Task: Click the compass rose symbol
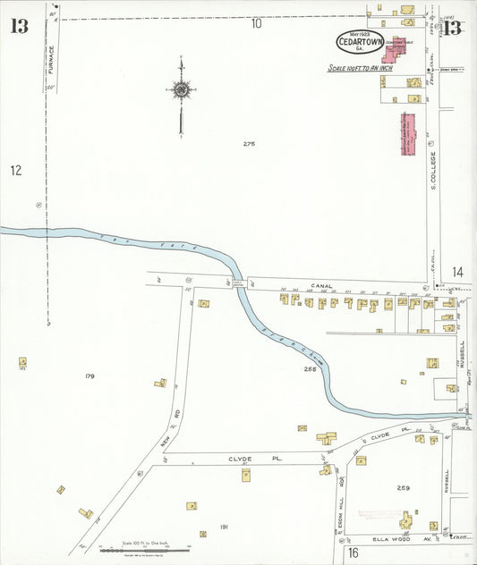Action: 182,89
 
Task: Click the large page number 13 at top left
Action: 19,26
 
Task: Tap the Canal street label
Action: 321,286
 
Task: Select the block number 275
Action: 249,144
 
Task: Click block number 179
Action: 89,376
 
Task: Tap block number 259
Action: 403,487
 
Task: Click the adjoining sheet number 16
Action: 353,552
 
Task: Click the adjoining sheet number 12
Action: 15,170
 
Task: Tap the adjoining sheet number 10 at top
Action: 256,24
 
